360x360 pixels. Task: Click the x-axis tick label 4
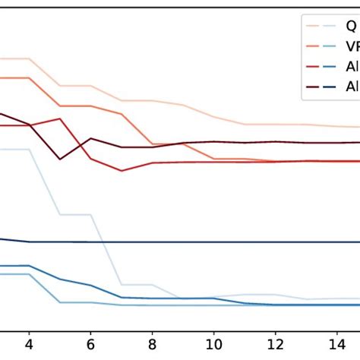[x=29, y=343]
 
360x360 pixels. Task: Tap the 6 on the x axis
[x=91, y=343]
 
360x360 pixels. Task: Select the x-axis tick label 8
[x=153, y=343]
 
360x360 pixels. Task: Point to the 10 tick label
[x=214, y=343]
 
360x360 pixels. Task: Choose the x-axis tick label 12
[x=276, y=343]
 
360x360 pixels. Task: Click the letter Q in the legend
[x=350, y=26]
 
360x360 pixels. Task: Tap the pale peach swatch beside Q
[x=312, y=26]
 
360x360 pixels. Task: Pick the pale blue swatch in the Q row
[x=330, y=26]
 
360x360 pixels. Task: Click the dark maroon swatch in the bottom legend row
[x=312, y=87]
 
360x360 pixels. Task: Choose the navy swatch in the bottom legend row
[x=330, y=87]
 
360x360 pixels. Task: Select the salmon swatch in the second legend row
[x=312, y=46]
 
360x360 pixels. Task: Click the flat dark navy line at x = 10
[x=214, y=242]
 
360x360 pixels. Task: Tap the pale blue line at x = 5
[x=60, y=214]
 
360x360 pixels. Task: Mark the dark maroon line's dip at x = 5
[x=60, y=159]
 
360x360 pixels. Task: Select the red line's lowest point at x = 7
[x=122, y=171]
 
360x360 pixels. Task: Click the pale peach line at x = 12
[x=276, y=124]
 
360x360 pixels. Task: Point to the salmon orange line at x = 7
[x=122, y=114]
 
